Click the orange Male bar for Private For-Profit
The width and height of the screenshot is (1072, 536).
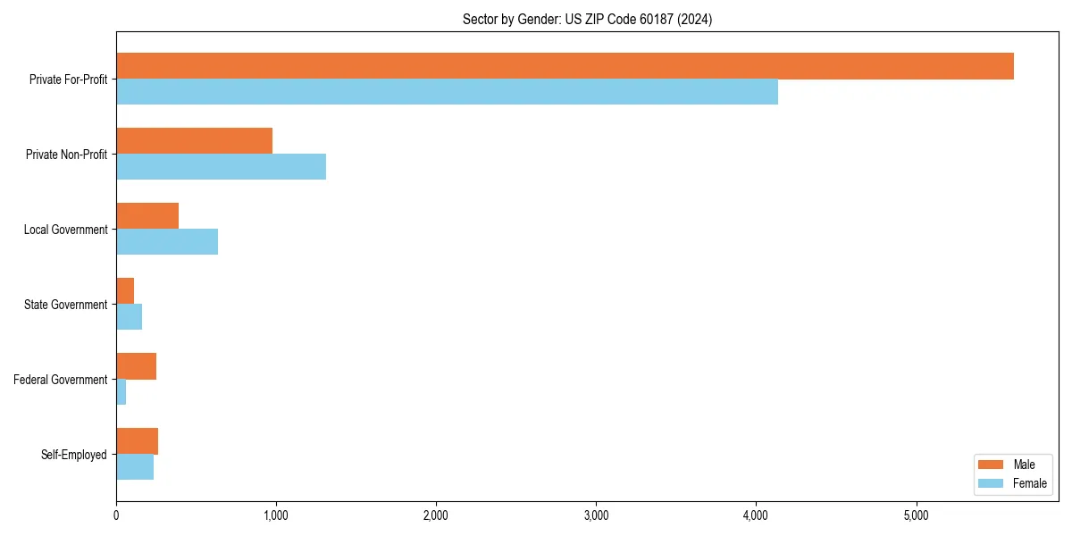click(x=565, y=66)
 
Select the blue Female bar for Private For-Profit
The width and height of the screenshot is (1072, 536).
click(x=447, y=92)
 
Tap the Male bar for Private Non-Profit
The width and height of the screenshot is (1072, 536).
click(x=194, y=141)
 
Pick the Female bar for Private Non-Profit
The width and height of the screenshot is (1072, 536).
click(x=221, y=167)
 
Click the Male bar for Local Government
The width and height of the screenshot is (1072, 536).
click(x=147, y=216)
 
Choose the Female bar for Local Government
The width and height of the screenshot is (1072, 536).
click(x=167, y=242)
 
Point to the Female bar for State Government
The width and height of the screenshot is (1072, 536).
click(x=130, y=317)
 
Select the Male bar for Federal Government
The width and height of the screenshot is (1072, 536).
click(x=136, y=366)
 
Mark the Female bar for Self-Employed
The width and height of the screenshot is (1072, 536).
click(x=135, y=467)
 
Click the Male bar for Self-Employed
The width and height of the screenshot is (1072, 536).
click(x=137, y=441)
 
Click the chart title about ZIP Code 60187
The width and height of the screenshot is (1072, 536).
click(x=587, y=19)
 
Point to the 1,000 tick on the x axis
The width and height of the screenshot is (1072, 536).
click(x=276, y=515)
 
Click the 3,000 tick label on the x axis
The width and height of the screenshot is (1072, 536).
click(x=596, y=515)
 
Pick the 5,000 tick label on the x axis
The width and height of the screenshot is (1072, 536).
click(x=916, y=515)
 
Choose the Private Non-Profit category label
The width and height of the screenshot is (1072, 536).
click(x=66, y=155)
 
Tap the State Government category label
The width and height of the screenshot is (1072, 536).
click(x=66, y=305)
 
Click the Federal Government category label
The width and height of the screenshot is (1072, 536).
click(x=61, y=380)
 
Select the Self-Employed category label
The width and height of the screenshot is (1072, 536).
click(x=74, y=455)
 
